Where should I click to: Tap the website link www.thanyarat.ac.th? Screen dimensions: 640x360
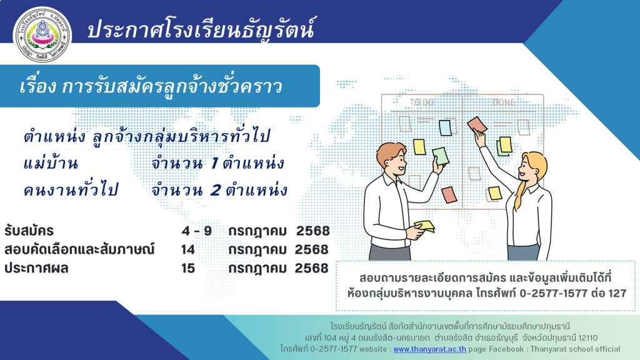click(x=429, y=349)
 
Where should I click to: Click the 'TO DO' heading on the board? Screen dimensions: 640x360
click(x=422, y=102)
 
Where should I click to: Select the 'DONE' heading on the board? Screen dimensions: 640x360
click(x=504, y=102)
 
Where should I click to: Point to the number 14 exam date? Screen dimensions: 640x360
click(x=187, y=249)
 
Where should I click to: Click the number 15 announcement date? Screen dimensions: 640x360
click(x=188, y=268)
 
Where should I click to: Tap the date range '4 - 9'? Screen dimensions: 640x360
click(x=197, y=231)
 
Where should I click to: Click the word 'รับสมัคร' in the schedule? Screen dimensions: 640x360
click(x=29, y=231)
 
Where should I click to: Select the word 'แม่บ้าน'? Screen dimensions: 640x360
click(x=51, y=163)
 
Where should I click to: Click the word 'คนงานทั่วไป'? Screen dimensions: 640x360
click(x=71, y=190)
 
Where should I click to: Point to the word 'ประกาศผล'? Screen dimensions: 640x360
click(x=36, y=268)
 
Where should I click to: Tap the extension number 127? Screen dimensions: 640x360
click(x=617, y=293)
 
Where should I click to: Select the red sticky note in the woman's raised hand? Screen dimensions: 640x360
click(x=477, y=124)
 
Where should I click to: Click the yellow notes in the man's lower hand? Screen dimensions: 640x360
click(x=424, y=226)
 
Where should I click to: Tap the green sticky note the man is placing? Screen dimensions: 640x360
click(x=441, y=156)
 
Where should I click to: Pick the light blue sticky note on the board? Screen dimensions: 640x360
click(x=445, y=127)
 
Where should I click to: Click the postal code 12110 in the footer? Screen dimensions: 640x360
click(x=587, y=338)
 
